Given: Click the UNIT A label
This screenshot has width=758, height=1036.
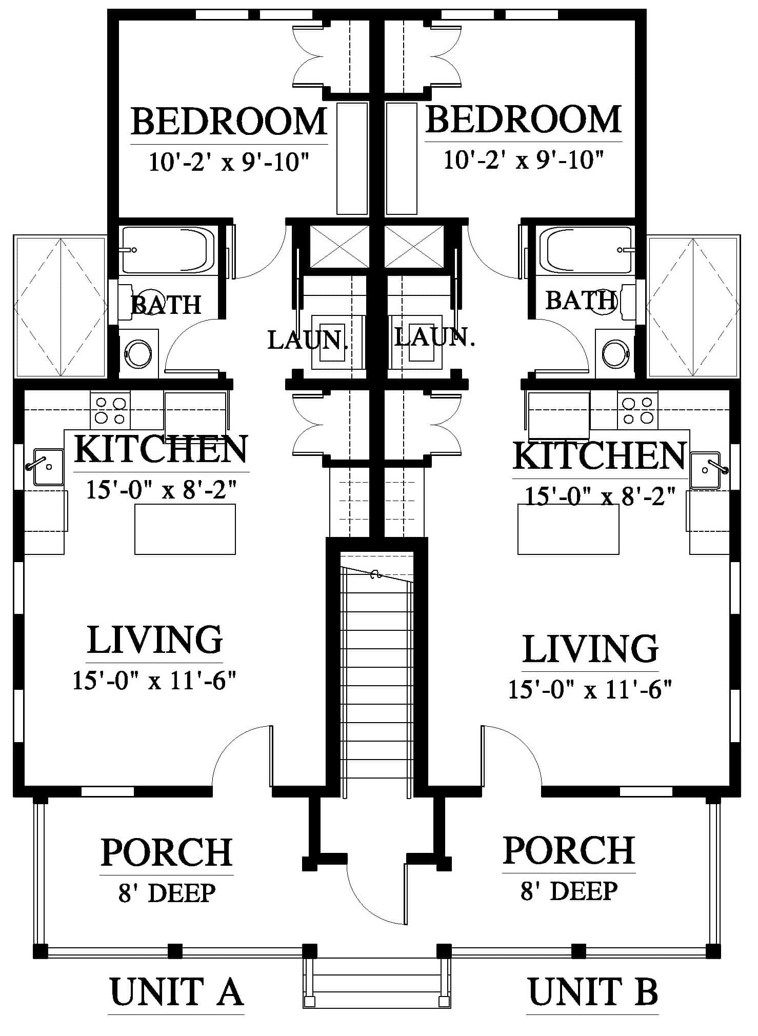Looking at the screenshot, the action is coord(176,992).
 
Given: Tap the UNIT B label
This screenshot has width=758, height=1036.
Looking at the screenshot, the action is coord(593,992).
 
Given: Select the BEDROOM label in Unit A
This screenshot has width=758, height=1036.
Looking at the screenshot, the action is coord(229,122).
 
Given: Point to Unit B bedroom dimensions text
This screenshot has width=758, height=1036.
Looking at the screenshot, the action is coord(523,160).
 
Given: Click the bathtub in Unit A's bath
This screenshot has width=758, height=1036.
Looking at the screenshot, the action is coord(168,250).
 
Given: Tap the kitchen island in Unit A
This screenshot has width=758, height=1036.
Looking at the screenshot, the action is coord(185,529).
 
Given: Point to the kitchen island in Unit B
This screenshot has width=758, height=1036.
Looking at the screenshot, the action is coord(568,529).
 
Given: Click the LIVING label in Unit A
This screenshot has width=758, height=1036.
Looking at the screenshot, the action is coord(155,640).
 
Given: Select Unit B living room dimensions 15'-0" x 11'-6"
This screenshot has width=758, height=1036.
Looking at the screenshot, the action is coord(590,689).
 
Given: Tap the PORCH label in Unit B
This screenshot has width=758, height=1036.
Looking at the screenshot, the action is coord(569,851).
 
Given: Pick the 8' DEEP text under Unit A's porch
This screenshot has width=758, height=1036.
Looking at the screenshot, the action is coord(167,893).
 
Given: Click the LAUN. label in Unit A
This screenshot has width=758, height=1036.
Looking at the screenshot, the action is coord(308,340).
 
